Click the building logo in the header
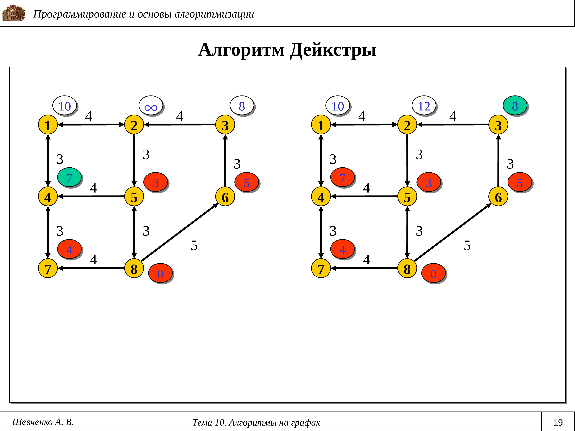[x=14, y=13]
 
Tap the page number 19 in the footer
[x=558, y=422]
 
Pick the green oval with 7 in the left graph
[x=69, y=178]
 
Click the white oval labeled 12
[x=424, y=106]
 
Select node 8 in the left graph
[x=134, y=269]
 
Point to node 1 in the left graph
[x=48, y=125]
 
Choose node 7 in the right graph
[x=321, y=269]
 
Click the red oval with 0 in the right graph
[x=433, y=273]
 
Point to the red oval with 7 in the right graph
[x=342, y=178]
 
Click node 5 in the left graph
[x=134, y=197]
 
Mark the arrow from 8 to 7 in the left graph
[x=91, y=268]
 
